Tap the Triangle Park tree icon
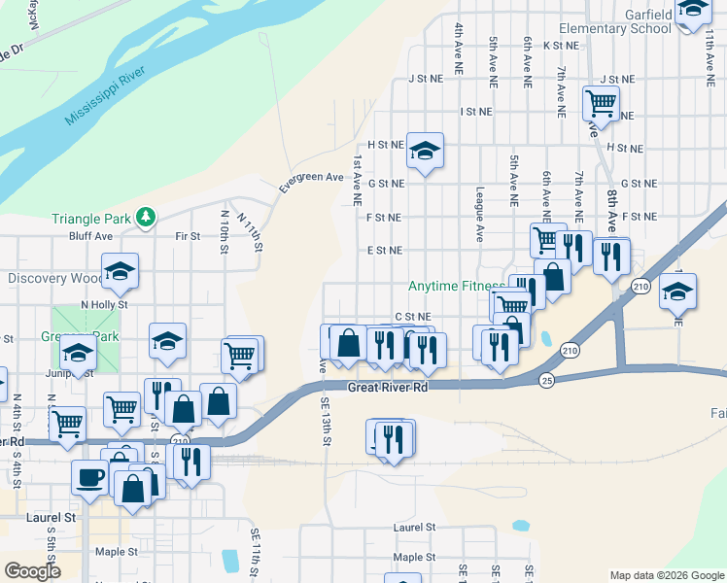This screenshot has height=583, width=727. [x=146, y=216]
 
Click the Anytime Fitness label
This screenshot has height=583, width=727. [x=456, y=287]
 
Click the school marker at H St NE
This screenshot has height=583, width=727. [x=425, y=151]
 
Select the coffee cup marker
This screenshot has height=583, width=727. [x=90, y=478]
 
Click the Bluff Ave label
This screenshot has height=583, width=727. [x=90, y=236]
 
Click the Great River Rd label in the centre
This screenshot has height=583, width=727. [x=388, y=387]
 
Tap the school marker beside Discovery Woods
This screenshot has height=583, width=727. [x=120, y=271]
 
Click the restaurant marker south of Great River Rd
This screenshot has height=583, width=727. [x=392, y=437]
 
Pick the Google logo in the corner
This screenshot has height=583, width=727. [x=33, y=571]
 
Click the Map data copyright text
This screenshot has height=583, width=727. [x=666, y=574]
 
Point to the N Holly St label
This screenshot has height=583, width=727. [x=104, y=305]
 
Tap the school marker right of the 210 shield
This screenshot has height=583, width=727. [x=677, y=291]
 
